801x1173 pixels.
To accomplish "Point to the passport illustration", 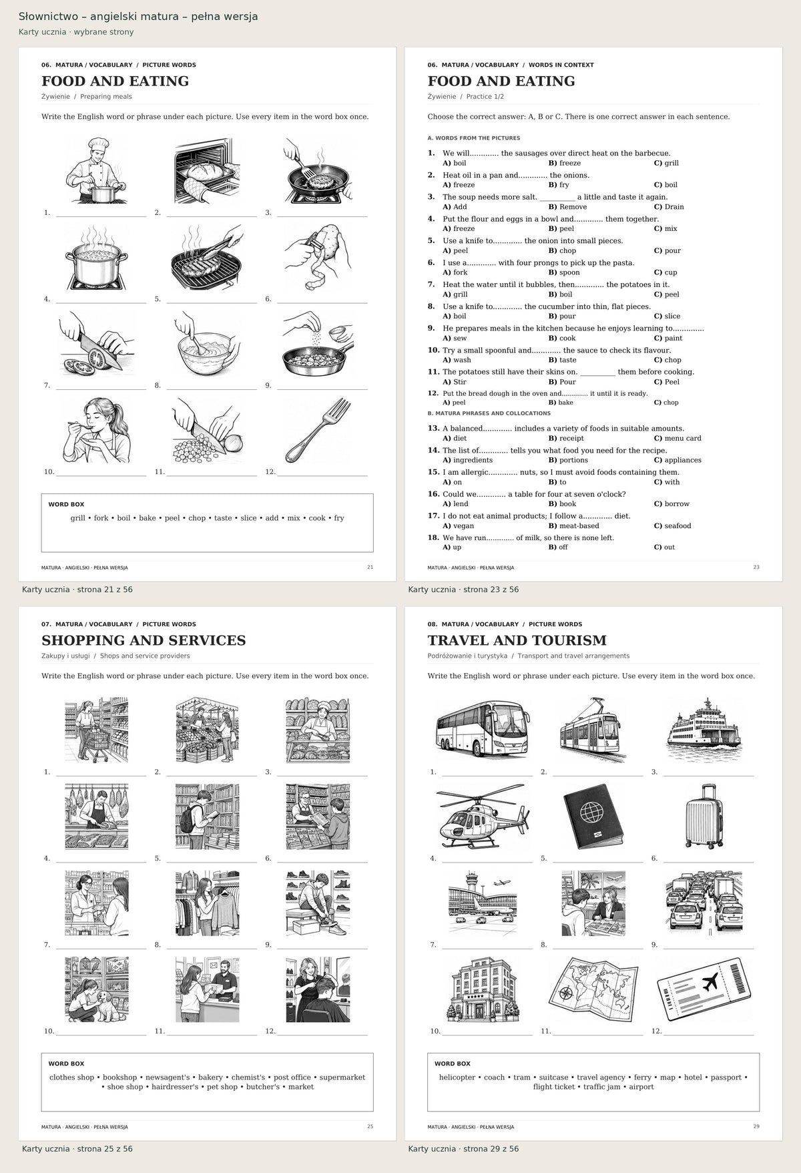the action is tap(593, 816).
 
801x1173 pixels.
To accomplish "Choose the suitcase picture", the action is tap(704, 816).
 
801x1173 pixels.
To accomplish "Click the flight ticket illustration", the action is tap(704, 989).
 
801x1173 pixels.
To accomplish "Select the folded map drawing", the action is tap(593, 989).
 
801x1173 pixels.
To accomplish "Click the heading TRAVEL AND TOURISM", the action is tap(517, 640).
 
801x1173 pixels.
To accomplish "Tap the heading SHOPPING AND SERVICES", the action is tap(144, 640).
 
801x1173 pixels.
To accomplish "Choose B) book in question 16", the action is tap(562, 504).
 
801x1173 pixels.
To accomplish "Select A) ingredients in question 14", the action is tap(467, 460).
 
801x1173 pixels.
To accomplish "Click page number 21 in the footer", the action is tap(370, 567).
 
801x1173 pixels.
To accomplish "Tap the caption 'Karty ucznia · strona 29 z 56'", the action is tap(463, 1149).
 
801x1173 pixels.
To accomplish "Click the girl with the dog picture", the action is tap(97, 989).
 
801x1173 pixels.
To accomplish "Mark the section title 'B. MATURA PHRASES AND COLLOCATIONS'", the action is tap(489, 413).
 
